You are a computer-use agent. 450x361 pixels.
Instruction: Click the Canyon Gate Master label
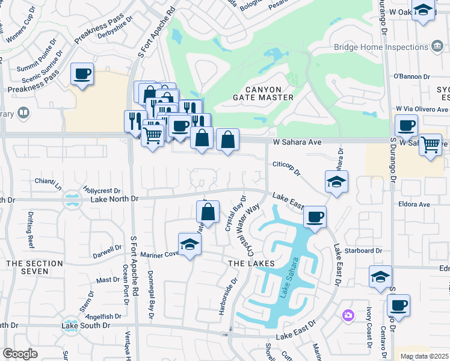(263, 92)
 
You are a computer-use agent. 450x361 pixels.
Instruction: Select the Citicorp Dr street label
(286, 168)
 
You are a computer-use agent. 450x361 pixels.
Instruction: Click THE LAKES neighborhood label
(251, 264)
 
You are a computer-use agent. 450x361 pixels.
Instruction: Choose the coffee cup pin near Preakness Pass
(82, 74)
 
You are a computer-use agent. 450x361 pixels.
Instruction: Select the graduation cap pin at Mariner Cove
(190, 244)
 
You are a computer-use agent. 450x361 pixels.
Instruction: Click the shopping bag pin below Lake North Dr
(208, 212)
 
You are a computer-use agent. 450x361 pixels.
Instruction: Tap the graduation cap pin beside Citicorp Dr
(336, 182)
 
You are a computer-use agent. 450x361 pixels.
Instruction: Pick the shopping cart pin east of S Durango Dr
(430, 144)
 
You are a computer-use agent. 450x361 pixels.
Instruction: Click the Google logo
(20, 354)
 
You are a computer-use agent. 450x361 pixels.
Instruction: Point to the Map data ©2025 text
(424, 356)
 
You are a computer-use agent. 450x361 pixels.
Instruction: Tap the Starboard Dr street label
(366, 250)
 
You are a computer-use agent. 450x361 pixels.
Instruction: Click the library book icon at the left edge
(23, 113)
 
